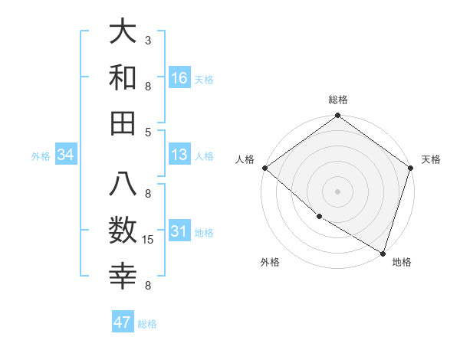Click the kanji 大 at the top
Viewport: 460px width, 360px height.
tap(123, 32)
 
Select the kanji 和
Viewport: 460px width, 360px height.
tap(123, 78)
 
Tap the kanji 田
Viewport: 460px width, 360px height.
tap(123, 123)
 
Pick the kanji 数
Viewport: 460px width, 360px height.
tap(123, 231)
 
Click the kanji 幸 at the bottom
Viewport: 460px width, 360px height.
tap(123, 277)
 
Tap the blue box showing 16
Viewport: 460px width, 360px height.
tap(179, 78)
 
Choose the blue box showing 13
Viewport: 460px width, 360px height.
tap(179, 155)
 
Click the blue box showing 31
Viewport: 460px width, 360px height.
tap(179, 231)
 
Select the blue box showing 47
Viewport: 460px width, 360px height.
tap(123, 322)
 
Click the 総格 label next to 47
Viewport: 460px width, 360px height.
tap(147, 324)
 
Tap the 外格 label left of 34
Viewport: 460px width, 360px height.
tap(41, 156)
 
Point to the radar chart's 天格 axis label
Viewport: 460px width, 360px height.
tap(431, 159)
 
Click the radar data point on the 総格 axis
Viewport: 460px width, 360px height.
tap(337, 116)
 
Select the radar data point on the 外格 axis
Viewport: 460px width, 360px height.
tap(319, 217)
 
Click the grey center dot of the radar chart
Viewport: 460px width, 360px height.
tap(337, 191)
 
